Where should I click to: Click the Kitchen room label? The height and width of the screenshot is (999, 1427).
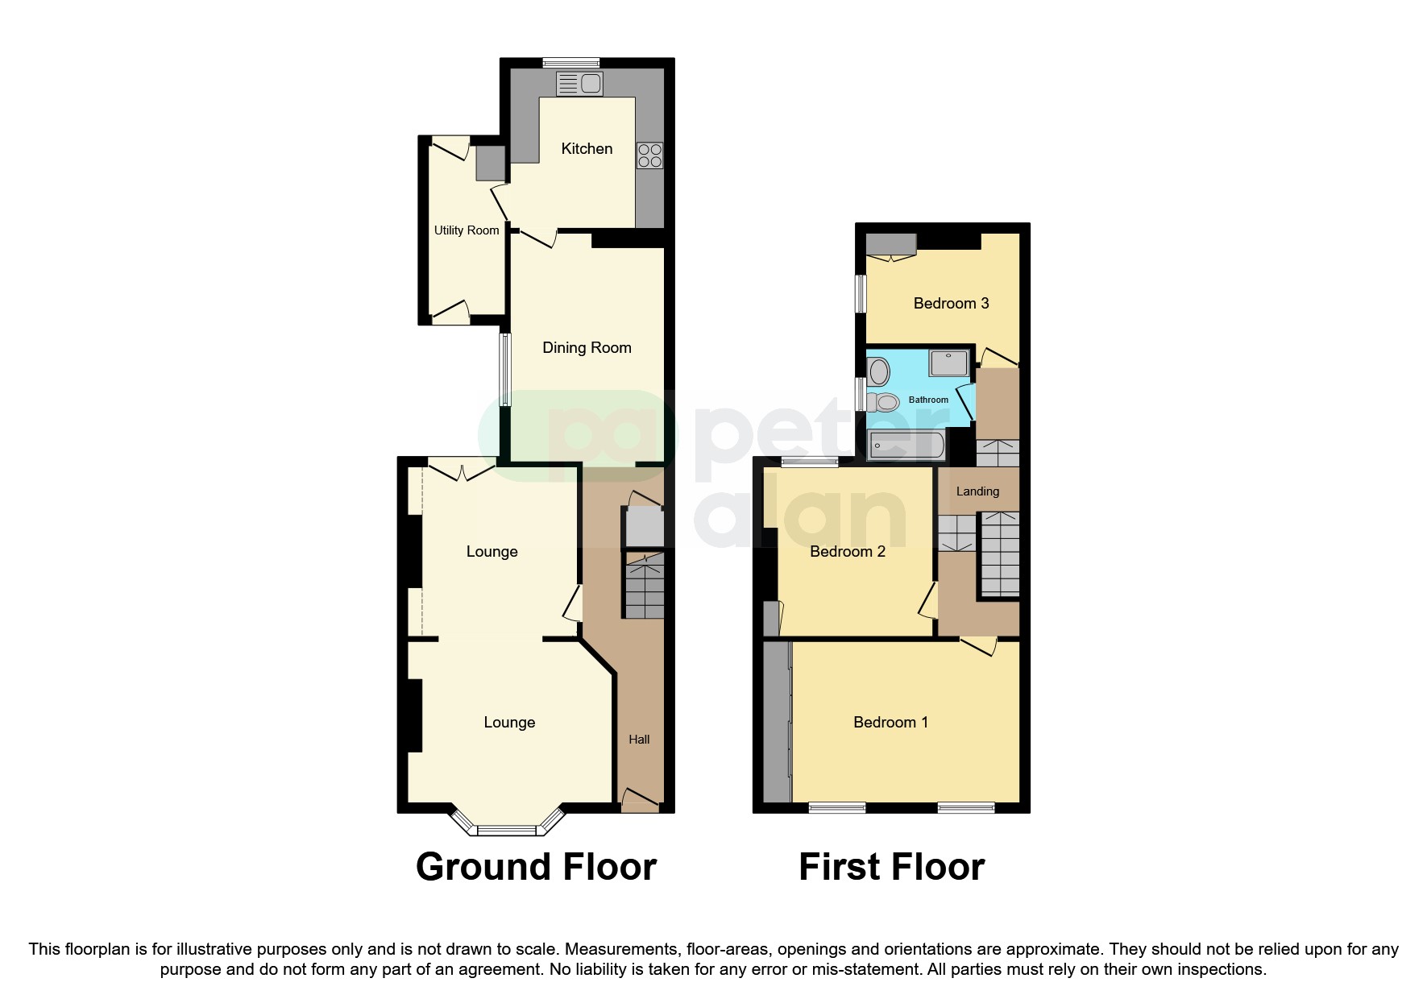587,148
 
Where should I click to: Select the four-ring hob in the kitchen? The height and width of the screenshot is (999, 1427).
650,155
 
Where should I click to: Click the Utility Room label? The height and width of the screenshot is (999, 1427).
467,230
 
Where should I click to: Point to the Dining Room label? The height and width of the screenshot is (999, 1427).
587,347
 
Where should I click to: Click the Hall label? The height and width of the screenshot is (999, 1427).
639,739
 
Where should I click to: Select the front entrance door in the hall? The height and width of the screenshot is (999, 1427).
641,801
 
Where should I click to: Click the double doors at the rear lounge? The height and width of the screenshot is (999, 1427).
462,470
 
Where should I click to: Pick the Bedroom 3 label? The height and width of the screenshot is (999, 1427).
951,303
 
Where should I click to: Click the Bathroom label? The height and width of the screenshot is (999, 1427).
928,400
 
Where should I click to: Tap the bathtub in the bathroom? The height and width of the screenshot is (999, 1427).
906,445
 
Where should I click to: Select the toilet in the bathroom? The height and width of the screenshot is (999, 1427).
884,401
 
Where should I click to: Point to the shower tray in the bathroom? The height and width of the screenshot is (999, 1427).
948,363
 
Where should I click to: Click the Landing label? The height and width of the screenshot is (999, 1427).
977,491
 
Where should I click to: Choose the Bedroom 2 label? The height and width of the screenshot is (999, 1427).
848,551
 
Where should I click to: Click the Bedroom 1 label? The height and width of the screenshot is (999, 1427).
890,722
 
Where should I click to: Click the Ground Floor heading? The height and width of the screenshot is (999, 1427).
536,867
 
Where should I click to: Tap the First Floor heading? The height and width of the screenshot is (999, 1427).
891,867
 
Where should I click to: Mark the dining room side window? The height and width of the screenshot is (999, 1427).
505,370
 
